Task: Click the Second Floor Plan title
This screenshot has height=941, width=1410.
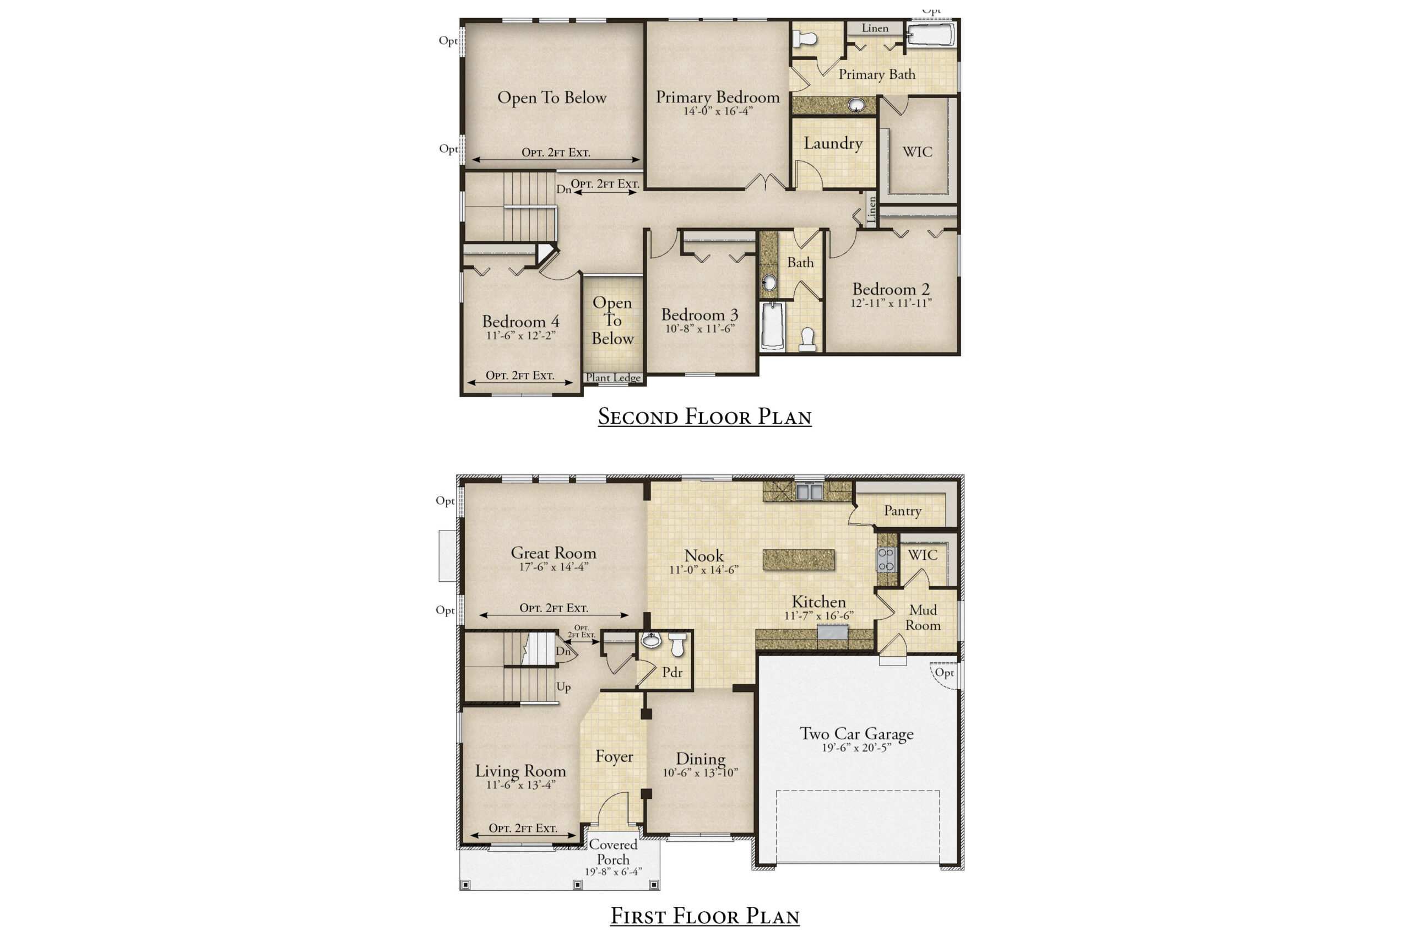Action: tap(704, 417)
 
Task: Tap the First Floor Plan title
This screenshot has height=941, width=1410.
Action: tap(704, 916)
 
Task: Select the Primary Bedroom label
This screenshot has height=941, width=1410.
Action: tap(718, 97)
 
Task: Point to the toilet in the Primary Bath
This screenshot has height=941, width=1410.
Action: tap(805, 39)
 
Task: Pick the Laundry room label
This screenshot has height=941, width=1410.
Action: tap(833, 143)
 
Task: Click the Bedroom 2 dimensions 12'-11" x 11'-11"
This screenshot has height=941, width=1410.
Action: tap(891, 303)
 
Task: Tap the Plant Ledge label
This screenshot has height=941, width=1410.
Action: tap(613, 377)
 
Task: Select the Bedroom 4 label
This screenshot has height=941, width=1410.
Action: tap(521, 322)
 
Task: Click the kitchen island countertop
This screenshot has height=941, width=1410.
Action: tap(798, 559)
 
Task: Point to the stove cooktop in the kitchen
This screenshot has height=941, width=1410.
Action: tap(886, 559)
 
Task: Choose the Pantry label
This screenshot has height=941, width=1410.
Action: tap(902, 511)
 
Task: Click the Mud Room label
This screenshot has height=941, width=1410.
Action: tap(923, 618)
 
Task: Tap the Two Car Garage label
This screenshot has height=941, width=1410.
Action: tap(856, 734)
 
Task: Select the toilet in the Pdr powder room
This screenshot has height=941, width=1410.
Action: tap(677, 645)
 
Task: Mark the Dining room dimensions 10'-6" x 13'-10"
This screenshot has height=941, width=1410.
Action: tap(700, 772)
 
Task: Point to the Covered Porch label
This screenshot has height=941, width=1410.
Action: tap(613, 852)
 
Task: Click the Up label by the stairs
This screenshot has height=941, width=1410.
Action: tap(563, 687)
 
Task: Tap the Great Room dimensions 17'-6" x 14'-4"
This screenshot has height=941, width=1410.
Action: tap(553, 566)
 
